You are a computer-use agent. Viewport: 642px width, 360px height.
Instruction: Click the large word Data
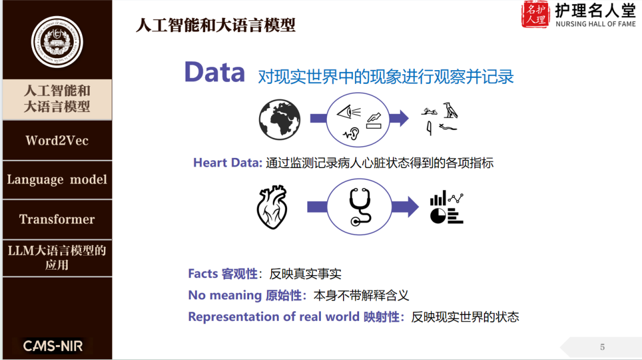pyautogui.click(x=215, y=72)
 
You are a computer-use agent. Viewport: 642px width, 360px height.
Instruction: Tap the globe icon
pyautogui.click(x=279, y=119)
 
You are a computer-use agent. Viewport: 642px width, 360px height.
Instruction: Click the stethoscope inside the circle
pyautogui.click(x=360, y=207)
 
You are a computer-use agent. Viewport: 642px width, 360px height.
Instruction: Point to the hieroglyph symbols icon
pyautogui.click(x=440, y=119)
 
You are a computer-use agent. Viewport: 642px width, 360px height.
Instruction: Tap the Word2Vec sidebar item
pyautogui.click(x=57, y=141)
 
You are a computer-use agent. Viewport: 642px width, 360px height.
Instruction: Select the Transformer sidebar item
pyautogui.click(x=57, y=219)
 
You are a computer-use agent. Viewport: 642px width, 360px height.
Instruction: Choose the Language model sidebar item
pyautogui.click(x=57, y=179)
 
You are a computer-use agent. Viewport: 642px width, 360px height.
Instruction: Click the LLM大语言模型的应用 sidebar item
pyautogui.click(x=57, y=257)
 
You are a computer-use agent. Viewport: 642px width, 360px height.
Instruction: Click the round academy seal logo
pyautogui.click(x=56, y=42)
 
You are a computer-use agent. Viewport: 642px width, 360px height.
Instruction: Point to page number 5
pyautogui.click(x=602, y=347)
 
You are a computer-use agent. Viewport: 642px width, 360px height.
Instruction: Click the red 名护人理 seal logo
pyautogui.click(x=536, y=15)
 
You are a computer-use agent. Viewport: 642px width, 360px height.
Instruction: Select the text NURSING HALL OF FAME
pyautogui.click(x=595, y=24)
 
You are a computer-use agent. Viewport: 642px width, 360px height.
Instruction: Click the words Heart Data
pyautogui.click(x=227, y=163)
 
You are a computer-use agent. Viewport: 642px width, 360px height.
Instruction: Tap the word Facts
pyautogui.click(x=203, y=274)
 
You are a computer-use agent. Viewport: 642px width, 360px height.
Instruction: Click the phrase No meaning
pyautogui.click(x=225, y=295)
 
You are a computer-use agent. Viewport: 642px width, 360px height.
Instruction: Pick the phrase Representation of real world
pyautogui.click(x=273, y=317)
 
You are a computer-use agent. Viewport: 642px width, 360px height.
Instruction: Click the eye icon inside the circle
pyautogui.click(x=349, y=111)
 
